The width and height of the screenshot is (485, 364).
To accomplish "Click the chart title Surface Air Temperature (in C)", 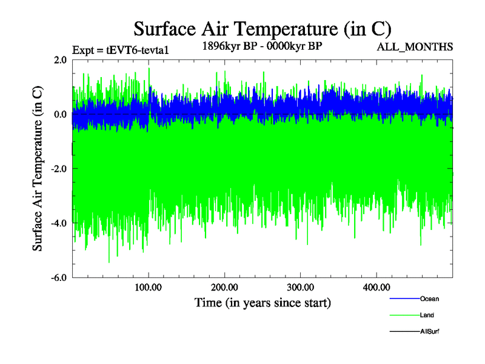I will (263, 29).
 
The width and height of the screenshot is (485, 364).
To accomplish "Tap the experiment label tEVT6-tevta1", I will (120, 50).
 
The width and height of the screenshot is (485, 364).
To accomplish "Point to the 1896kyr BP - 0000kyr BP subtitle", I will (262, 45).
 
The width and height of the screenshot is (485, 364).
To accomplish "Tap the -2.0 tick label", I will (58, 169).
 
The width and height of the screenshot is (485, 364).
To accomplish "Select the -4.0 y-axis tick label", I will (58, 223).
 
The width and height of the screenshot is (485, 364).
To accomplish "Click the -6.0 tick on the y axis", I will (58, 278).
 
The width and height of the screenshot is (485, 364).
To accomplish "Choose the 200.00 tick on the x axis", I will (224, 287).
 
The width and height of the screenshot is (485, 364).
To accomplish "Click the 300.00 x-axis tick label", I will (300, 287).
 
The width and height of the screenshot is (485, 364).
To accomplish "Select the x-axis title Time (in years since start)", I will (263, 302).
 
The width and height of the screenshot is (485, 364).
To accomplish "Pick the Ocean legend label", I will (429, 298).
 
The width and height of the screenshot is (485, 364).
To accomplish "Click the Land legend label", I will (427, 315).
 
